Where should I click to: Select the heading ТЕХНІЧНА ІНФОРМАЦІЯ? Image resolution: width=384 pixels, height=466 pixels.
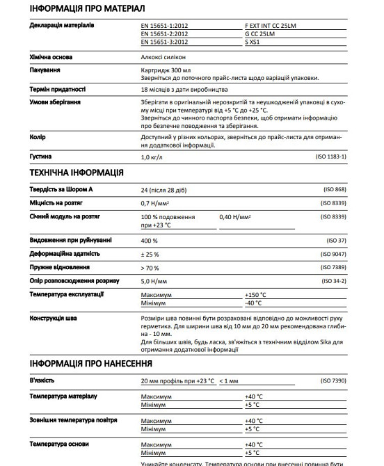77,172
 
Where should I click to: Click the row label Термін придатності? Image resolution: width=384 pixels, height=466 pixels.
58,90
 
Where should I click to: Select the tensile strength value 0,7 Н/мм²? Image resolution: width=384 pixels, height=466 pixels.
156,203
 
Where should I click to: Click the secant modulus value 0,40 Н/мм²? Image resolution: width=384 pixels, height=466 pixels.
235,217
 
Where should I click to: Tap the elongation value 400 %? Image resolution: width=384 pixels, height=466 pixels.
150,240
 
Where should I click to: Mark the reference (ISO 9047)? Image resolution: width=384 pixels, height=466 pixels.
334,254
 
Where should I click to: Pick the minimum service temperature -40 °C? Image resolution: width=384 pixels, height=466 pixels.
254,303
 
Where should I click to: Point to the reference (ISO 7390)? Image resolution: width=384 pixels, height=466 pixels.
334,380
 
